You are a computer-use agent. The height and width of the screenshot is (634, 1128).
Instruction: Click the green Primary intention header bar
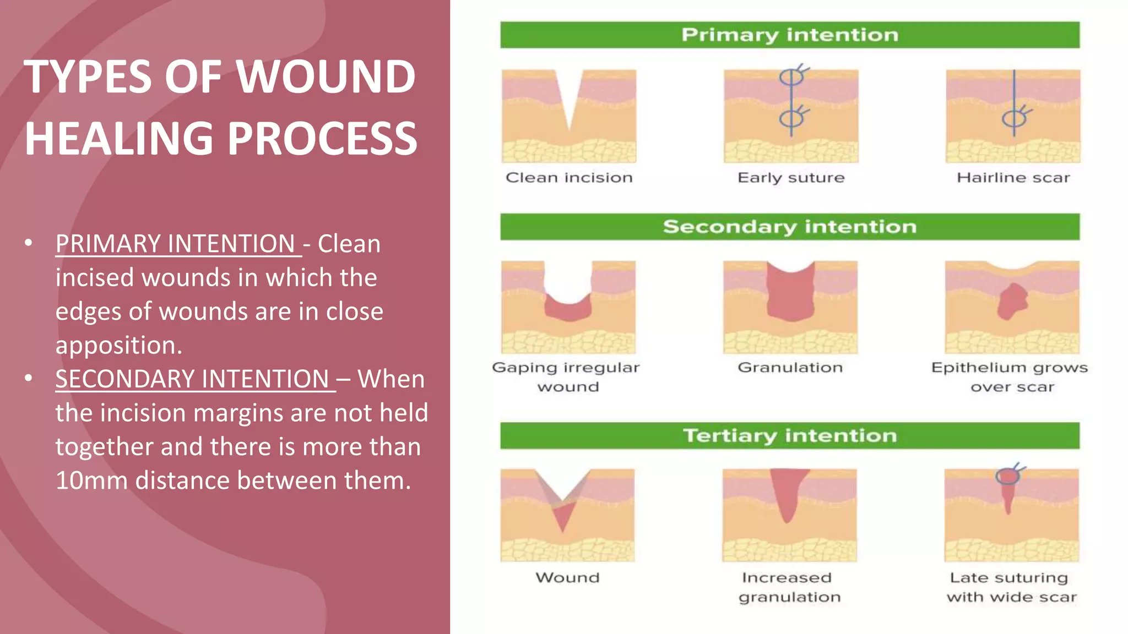pos(789,35)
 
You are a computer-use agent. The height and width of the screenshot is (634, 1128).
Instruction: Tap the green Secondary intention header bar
pos(789,227)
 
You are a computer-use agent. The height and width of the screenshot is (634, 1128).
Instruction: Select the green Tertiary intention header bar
pos(789,435)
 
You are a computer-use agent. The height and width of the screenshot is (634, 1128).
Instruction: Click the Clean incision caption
pos(569,178)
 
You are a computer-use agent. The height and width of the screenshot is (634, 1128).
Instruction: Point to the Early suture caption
pos(790,178)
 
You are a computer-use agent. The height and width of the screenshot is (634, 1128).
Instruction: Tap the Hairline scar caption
pos(1013,178)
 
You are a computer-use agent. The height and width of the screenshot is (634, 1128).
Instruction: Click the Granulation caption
pos(790,367)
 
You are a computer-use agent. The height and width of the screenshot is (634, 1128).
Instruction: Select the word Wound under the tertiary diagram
pos(567,577)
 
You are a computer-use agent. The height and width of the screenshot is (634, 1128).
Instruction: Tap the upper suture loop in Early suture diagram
pos(791,77)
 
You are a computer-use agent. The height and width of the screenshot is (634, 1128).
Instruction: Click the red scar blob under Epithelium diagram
pos(1012,302)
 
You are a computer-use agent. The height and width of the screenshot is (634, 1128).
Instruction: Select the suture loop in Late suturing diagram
pos(1007,475)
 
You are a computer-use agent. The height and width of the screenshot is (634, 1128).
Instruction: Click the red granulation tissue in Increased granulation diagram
pos(788,493)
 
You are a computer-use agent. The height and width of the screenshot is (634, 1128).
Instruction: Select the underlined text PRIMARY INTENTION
pos(176,244)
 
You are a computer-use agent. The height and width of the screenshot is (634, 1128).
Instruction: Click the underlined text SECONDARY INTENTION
pos(193,379)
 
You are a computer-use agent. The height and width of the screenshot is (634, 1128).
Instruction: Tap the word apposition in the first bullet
pos(118,346)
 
